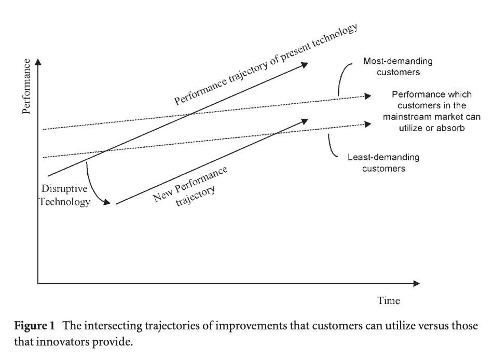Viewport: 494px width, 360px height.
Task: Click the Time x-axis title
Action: tap(389, 300)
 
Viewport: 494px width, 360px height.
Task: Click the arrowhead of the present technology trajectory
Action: tap(306, 64)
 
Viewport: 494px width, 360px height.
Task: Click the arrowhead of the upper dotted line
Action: tap(368, 95)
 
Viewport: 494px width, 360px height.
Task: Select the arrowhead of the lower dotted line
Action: tap(368, 123)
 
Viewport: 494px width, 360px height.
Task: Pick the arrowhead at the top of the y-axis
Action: tap(38, 62)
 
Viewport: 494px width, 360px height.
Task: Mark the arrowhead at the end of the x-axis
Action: tap(417, 283)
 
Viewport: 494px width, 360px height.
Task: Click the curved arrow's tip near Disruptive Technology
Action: tap(108, 203)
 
